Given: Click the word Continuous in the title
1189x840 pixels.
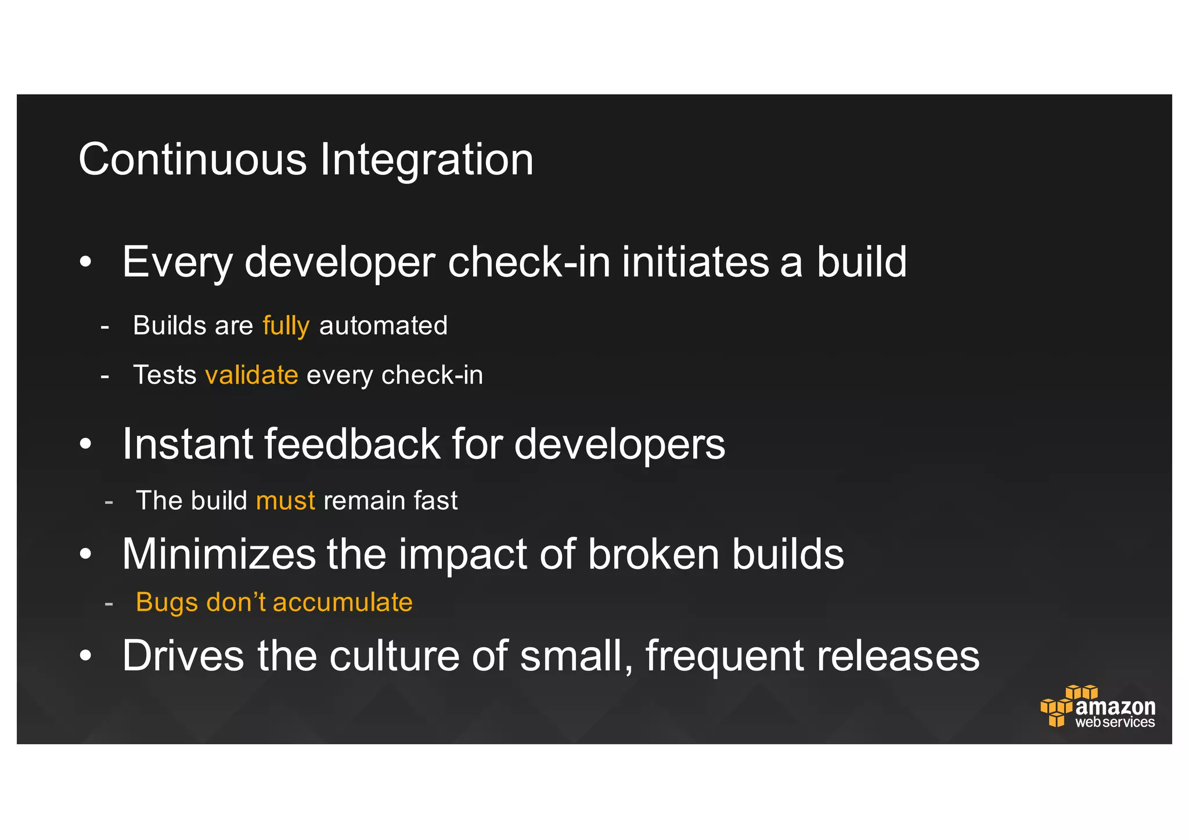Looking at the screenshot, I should coord(192,160).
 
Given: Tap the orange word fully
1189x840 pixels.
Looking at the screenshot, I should coord(286,326).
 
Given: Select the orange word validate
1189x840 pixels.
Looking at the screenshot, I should coord(251,375).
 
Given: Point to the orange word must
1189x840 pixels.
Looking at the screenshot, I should coord(285,500).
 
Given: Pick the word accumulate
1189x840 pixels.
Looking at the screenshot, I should coord(343,602).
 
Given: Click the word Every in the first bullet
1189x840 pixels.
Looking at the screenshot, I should coord(178,262).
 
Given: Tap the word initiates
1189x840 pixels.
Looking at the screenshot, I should coord(694,262).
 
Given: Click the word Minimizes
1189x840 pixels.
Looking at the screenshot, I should coord(219,554).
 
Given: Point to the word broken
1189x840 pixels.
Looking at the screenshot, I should coord(653,554).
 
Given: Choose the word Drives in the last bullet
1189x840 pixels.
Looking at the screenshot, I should coord(183,656).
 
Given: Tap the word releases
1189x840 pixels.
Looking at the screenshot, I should coord(898,656).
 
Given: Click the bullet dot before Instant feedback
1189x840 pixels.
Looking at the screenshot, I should coord(85,445).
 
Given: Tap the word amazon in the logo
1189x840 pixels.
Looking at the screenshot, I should coord(1115,706).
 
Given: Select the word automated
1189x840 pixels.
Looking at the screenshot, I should coord(383,326).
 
